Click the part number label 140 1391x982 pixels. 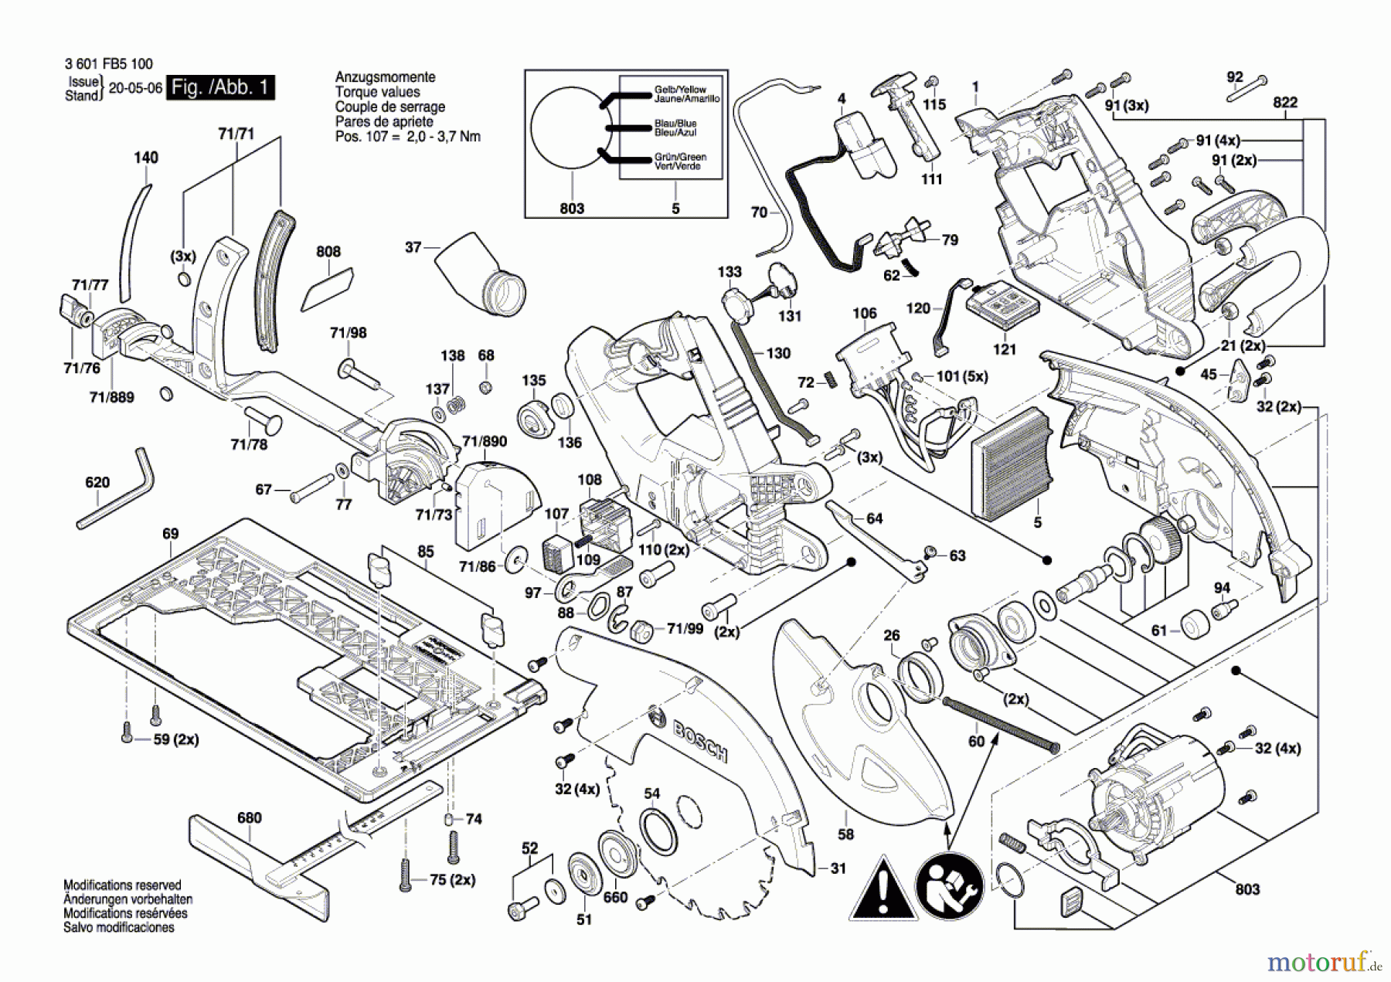coord(146,158)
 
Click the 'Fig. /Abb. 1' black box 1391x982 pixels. coord(221,87)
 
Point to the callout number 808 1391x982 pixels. coord(328,252)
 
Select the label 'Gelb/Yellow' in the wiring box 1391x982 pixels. coord(680,90)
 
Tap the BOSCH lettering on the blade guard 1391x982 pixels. coord(700,740)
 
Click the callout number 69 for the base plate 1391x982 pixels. coord(170,534)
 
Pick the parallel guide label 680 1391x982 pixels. coord(249,817)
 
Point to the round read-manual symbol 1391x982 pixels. coord(949,888)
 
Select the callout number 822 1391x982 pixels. coord(1285,103)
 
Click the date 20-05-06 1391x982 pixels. coord(135,88)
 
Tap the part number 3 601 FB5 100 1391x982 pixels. coord(109,64)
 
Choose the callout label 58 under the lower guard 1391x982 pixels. coord(846,834)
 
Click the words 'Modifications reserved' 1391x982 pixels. coord(122,885)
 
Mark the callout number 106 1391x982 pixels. coord(865,313)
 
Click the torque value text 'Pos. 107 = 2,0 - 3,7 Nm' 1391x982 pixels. coord(407,137)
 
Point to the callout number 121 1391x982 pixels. coord(1005,349)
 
